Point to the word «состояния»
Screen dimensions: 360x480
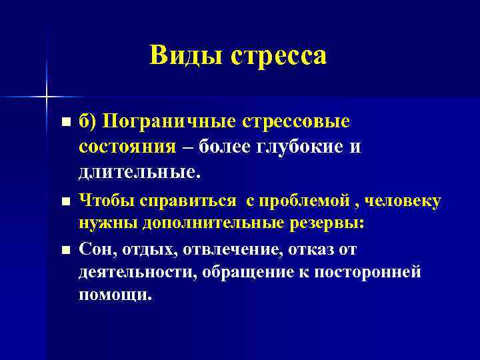[127, 146]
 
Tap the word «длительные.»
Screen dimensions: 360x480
[139, 171]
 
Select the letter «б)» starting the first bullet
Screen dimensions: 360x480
[88, 122]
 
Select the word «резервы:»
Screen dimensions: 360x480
[328, 223]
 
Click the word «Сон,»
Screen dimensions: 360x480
[97, 250]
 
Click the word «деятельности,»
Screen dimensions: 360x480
[134, 272]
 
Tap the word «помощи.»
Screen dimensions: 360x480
[115, 294]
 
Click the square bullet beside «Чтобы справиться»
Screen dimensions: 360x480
[64, 202]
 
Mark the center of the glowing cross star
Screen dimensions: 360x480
[46, 97]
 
